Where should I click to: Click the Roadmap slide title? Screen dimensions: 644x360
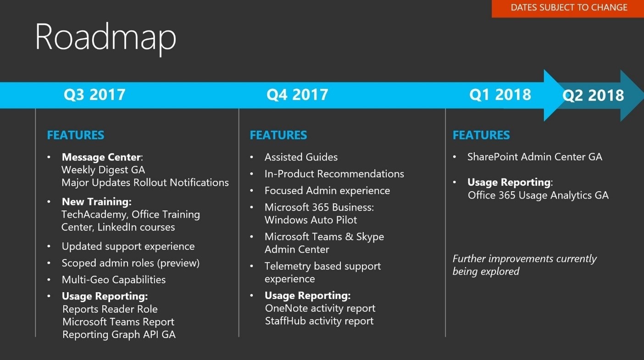(x=105, y=38)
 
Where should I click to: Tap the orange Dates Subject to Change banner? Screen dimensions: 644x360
(x=568, y=9)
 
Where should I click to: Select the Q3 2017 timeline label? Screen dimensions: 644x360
(x=94, y=94)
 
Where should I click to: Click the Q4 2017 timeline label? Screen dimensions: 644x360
(x=297, y=94)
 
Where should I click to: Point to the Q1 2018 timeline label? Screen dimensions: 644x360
(x=500, y=94)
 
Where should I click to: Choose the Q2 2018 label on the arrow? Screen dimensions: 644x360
(x=593, y=95)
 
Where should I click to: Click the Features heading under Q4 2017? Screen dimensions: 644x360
(x=278, y=135)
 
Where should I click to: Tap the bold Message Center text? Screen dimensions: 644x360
(x=101, y=157)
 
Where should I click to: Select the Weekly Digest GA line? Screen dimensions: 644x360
(x=103, y=170)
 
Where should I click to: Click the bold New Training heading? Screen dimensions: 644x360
(x=97, y=202)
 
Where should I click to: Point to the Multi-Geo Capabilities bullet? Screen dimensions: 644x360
(x=114, y=279)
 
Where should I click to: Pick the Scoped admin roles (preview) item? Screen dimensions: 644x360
(x=131, y=263)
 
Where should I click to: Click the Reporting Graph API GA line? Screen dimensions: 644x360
(x=119, y=335)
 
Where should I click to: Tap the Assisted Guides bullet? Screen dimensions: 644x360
(x=301, y=157)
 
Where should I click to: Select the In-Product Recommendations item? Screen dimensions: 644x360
(x=334, y=174)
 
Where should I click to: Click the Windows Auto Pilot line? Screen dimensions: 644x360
(x=311, y=220)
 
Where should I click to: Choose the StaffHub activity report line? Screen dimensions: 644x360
(x=319, y=321)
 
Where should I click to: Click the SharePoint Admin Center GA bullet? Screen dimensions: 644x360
(x=534, y=157)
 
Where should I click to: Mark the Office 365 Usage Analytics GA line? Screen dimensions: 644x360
(x=538, y=195)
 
